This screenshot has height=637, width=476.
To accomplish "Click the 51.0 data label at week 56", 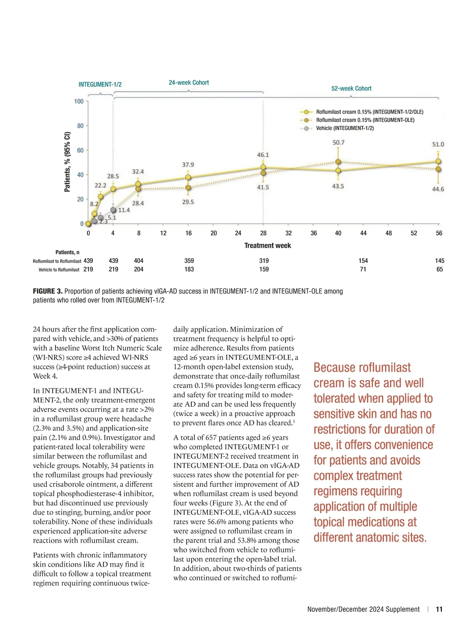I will pos(438,144).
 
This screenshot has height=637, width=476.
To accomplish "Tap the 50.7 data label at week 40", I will pos(338,142).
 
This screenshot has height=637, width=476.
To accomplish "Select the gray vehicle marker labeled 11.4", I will pos(113,210).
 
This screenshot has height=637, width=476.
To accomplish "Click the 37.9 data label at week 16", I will pos(188,165).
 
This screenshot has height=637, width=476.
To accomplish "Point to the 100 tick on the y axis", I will pos(79,102).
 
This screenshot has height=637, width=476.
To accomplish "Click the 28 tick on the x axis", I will pos(263,233).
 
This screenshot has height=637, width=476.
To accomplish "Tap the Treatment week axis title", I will pos(267,246).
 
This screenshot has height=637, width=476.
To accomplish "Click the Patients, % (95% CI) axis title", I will pos(67,162).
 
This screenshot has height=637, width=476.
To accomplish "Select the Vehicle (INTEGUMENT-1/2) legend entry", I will pos(344,128).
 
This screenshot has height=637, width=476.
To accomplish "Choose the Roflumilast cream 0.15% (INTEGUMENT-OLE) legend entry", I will pos(365,120).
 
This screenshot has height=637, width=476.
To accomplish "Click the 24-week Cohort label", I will pos(189,83).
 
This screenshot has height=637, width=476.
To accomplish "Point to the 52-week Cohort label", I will pos(351,88).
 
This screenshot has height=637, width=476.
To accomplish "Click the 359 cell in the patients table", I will pos(189,261).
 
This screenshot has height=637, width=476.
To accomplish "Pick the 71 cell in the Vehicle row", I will pos(363,269).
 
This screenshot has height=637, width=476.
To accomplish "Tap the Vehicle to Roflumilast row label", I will pos(59,270).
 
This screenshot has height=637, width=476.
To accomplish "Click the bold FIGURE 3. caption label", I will pos(48,292).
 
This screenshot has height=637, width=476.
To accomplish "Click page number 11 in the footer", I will pos(439,609).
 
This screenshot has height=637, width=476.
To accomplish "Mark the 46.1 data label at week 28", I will pos(263,155).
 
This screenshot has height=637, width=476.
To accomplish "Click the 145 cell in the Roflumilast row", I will pos(440,261).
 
